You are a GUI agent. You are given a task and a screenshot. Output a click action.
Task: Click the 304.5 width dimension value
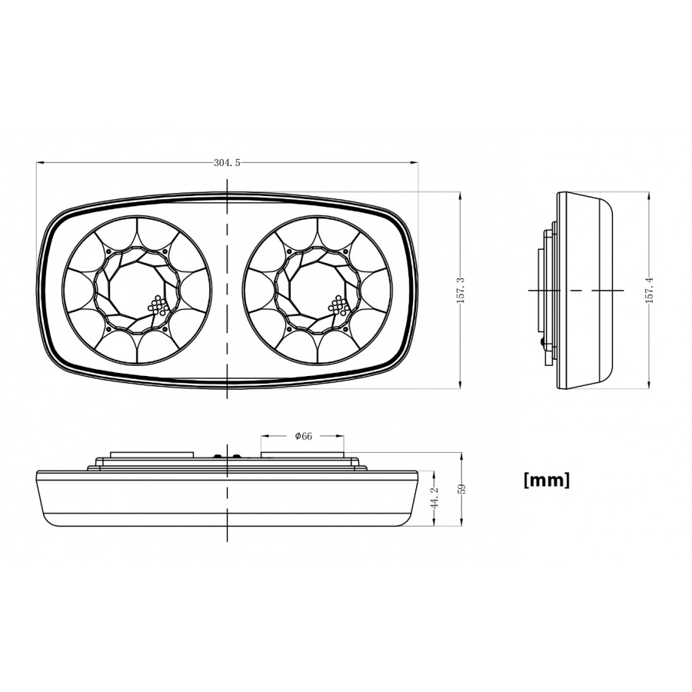pyautogui.click(x=228, y=162)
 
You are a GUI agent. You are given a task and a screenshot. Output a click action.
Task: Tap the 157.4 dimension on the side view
pyautogui.click(x=650, y=290)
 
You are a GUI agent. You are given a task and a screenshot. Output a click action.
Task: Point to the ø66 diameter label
pyautogui.click(x=303, y=436)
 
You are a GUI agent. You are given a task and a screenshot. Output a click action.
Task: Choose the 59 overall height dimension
pyautogui.click(x=461, y=490)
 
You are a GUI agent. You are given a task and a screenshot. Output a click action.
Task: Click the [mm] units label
pyautogui.click(x=546, y=481)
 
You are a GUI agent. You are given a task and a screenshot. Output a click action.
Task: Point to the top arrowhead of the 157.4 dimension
pyautogui.click(x=650, y=195)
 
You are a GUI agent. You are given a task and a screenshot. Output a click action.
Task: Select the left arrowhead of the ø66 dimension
pyautogui.click(x=264, y=436)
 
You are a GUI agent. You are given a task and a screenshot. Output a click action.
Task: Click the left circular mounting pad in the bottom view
pyautogui.click(x=151, y=455)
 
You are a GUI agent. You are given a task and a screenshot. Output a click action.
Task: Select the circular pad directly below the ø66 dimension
pyautogui.click(x=303, y=455)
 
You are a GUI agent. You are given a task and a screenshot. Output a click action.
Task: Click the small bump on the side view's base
pyautogui.click(x=543, y=343)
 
